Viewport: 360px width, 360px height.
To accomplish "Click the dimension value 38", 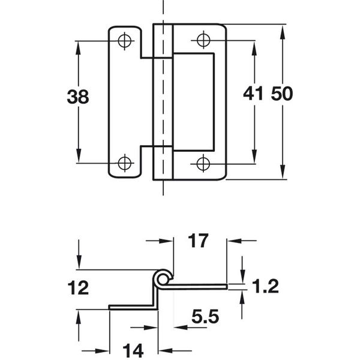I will coord(77,97).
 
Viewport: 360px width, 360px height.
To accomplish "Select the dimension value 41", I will coord(254,94).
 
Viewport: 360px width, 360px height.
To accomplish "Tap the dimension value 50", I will coord(282,94).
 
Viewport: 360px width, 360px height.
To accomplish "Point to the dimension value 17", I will coord(197,241).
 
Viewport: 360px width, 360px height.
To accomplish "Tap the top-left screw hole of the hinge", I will coord(125,41).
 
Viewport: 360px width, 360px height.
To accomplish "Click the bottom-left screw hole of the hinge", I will coord(125,163).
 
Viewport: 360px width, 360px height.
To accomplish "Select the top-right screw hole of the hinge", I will coord(203,41).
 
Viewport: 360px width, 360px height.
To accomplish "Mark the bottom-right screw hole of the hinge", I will coord(203,163).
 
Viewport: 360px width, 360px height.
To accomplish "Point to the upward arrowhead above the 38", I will coord(78,47).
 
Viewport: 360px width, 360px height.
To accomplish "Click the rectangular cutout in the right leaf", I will coord(194,101).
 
